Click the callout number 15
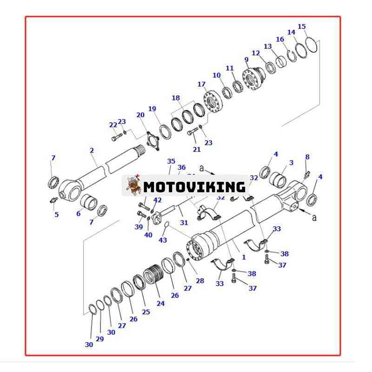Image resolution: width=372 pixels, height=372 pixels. click(x=302, y=27)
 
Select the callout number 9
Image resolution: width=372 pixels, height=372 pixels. click(x=246, y=60)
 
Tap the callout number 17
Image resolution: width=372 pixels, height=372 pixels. click(x=201, y=84)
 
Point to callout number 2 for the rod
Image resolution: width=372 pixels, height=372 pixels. click(x=92, y=150)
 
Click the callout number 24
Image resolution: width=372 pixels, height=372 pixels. click(x=160, y=303)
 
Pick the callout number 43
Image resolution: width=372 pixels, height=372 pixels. click(x=163, y=240)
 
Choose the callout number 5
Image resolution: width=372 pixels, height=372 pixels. click(x=57, y=214)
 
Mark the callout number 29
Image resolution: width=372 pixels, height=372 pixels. click(x=100, y=339)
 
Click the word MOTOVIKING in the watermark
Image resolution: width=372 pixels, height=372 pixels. click(x=194, y=187)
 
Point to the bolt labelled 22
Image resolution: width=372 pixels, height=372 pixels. click(x=116, y=138)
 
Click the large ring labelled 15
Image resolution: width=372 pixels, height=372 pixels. click(x=312, y=46)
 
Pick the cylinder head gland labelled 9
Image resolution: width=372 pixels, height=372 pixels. click(x=254, y=78)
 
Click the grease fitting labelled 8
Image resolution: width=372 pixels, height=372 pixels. click(x=306, y=175)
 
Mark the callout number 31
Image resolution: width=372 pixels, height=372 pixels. click(x=184, y=223)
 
